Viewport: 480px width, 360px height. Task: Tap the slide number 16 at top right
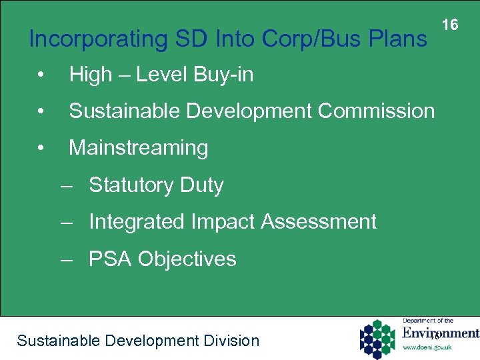450,25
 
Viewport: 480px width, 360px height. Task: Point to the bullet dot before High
41,75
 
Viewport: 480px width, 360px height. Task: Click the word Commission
377,111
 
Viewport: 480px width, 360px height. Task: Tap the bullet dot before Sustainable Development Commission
41,111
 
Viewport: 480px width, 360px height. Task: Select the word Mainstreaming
139,147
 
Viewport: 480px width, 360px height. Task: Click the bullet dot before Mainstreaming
41,148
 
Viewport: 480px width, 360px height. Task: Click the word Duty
201,185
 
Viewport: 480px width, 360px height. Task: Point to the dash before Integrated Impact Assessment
65,222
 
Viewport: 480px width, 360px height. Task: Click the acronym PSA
110,259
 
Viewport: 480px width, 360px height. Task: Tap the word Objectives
187,259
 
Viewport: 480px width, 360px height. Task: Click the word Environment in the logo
441,333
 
